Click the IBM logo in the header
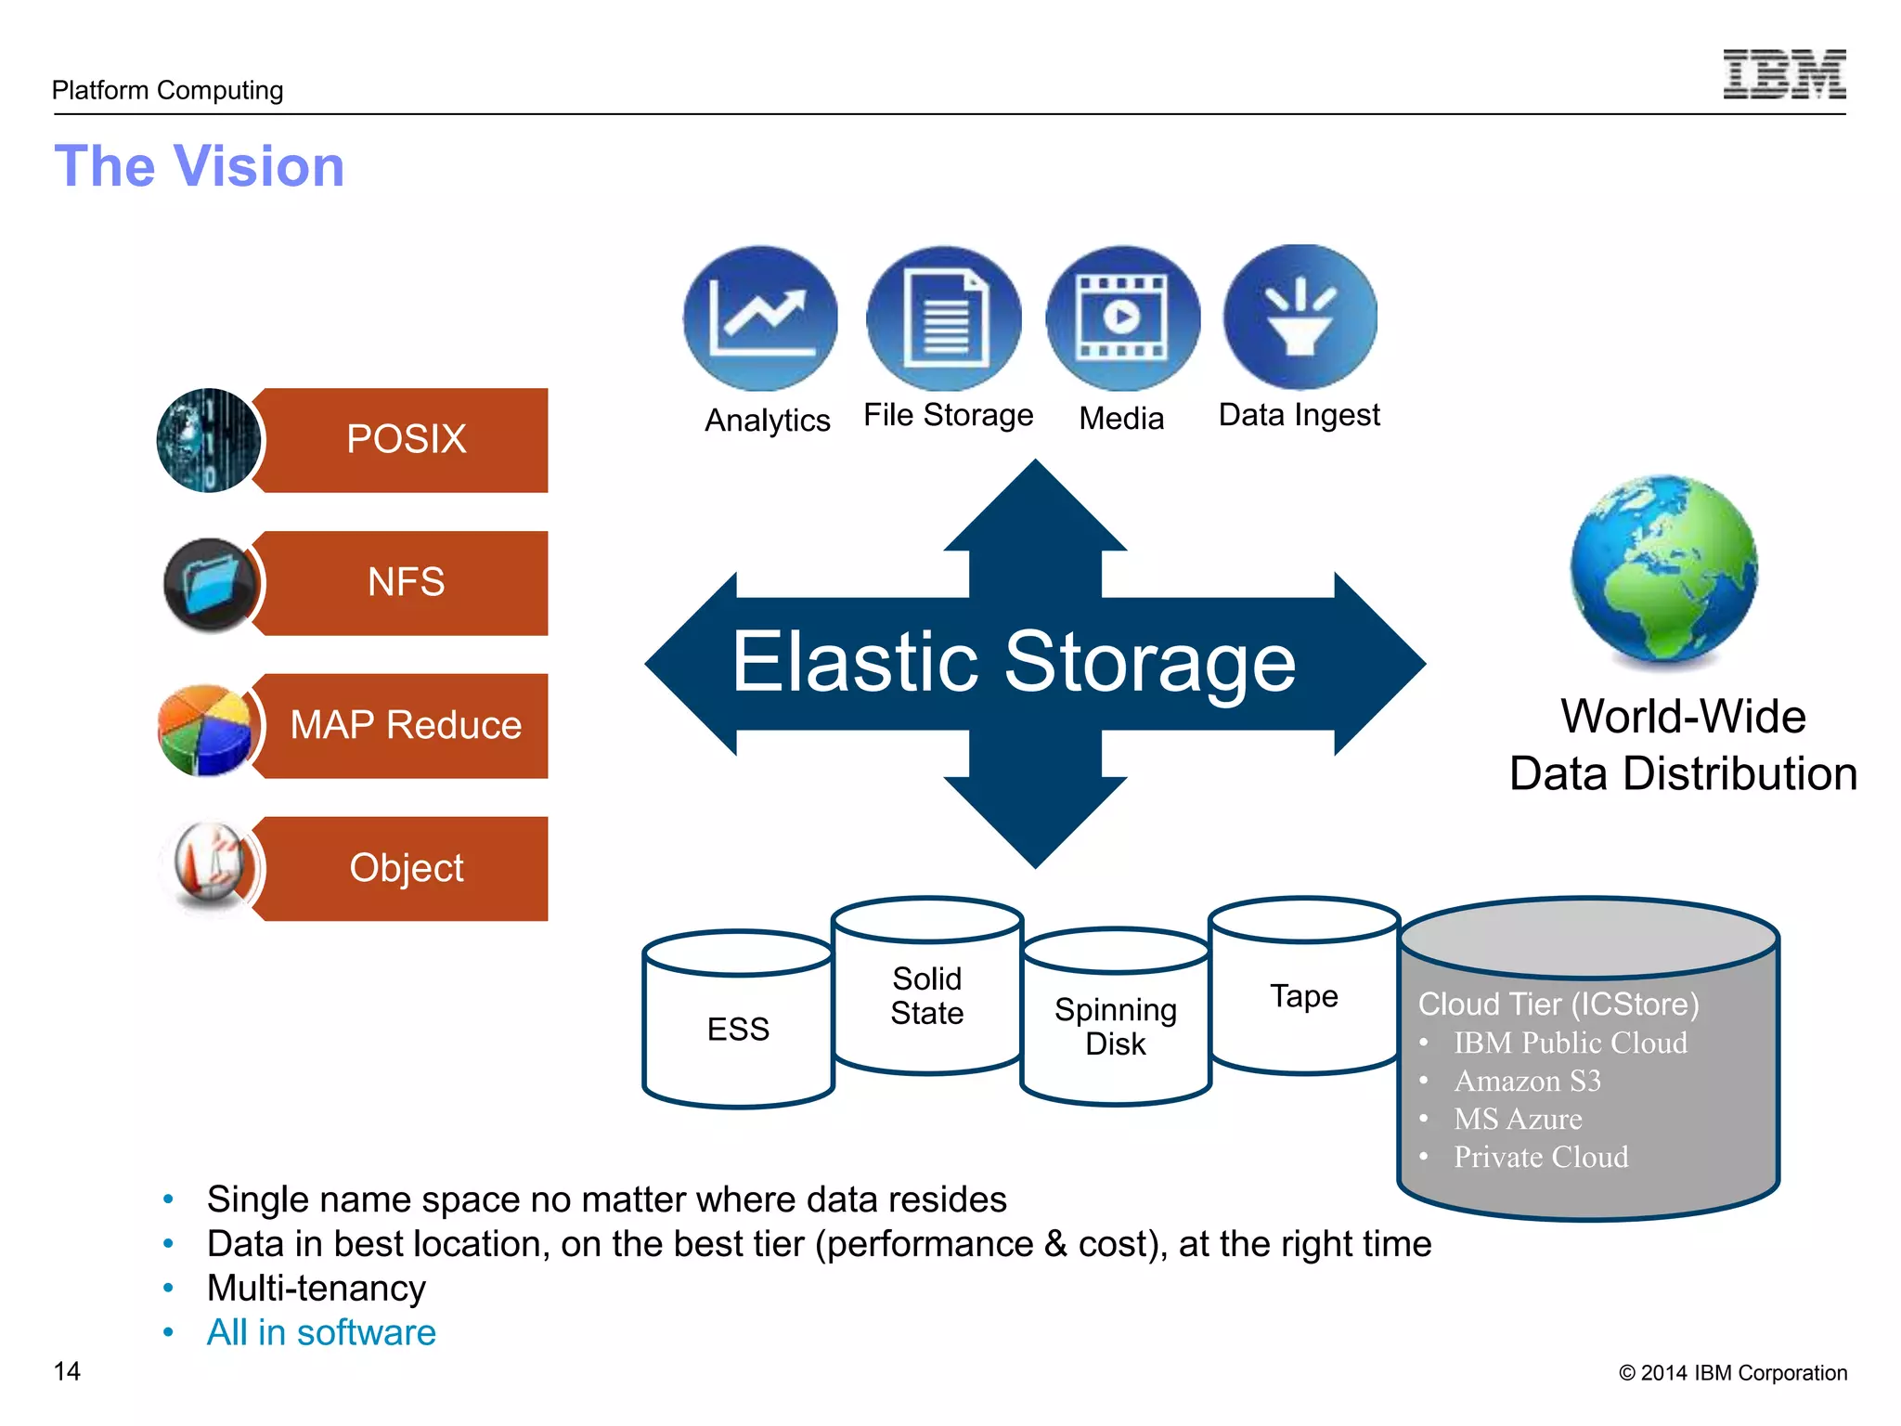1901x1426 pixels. tap(1783, 74)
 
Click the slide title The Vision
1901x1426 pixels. tap(200, 166)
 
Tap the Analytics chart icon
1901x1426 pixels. tap(760, 318)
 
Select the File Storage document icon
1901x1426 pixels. tap(943, 318)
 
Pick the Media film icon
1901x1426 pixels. tap(1122, 318)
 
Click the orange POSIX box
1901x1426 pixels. tap(406, 440)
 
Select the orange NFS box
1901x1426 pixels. tap(406, 583)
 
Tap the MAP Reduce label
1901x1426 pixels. tap(406, 725)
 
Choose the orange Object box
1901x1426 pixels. tap(406, 868)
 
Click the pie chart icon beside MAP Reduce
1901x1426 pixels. tap(204, 730)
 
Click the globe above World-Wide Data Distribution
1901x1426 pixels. tap(1663, 568)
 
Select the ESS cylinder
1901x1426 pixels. tap(738, 1028)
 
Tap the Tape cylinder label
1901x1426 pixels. tap(1303, 996)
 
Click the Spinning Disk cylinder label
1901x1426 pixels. tap(1116, 1026)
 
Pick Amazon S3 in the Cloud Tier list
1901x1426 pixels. tap(1527, 1081)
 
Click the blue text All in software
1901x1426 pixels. tap(321, 1332)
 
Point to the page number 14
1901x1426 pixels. tap(67, 1371)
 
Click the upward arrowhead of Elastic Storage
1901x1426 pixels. tap(1035, 511)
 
